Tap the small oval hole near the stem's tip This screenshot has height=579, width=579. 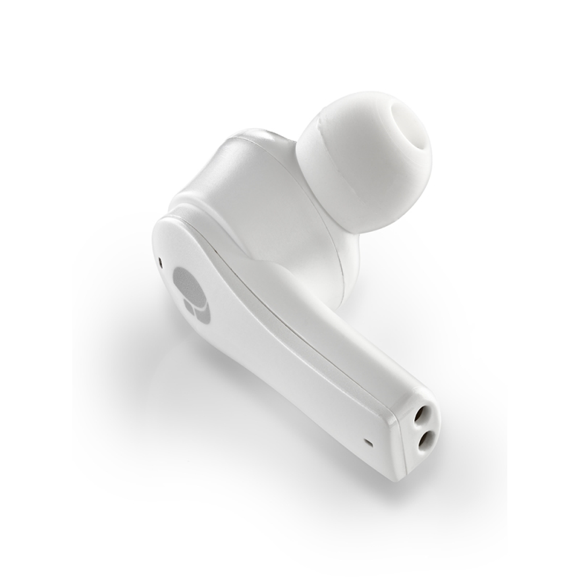click(x=367, y=443)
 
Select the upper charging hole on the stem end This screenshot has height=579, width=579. click(x=424, y=414)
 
